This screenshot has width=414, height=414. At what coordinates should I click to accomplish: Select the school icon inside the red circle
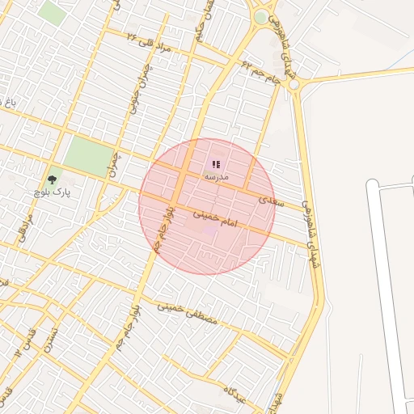click(216, 164)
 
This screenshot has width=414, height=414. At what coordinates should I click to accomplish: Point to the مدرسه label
click(216, 175)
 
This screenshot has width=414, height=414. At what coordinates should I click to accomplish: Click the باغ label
click(11, 103)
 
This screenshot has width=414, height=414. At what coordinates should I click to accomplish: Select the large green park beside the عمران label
click(87, 155)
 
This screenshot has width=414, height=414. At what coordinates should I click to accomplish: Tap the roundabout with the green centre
click(260, 17)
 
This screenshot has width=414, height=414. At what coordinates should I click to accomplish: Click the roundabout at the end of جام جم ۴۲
click(294, 84)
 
